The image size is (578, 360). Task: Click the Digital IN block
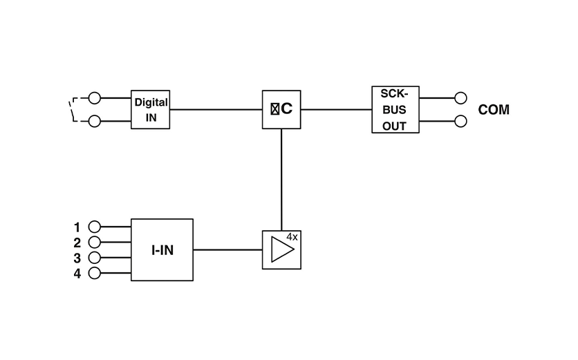point(151,109)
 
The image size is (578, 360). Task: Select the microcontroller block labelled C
point(281,109)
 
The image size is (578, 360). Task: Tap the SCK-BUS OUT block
point(395,109)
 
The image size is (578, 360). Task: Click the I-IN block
point(162,249)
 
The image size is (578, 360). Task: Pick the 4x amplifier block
point(281,249)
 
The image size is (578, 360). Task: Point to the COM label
point(494,110)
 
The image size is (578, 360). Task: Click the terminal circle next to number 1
point(95,226)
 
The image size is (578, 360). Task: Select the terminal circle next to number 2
point(95,242)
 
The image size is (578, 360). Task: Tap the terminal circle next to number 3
point(95,257)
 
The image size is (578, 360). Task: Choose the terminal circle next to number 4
point(95,273)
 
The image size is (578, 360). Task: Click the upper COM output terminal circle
point(460,98)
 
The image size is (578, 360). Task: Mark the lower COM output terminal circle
point(460,122)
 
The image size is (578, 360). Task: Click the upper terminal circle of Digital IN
point(95,98)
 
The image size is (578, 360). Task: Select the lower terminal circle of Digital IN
point(95,122)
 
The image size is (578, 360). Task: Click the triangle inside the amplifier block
point(280,250)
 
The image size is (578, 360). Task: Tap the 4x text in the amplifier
point(292,237)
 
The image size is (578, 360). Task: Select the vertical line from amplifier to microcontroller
point(281,180)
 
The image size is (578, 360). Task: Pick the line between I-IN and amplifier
point(227,249)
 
